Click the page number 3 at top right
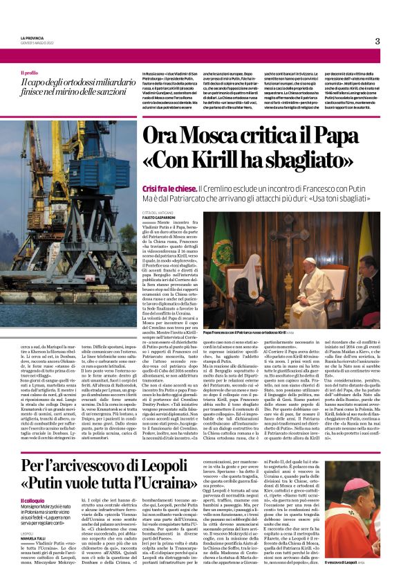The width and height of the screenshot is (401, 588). (x=377, y=41)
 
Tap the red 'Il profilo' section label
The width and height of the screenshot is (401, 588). (x=30, y=72)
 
